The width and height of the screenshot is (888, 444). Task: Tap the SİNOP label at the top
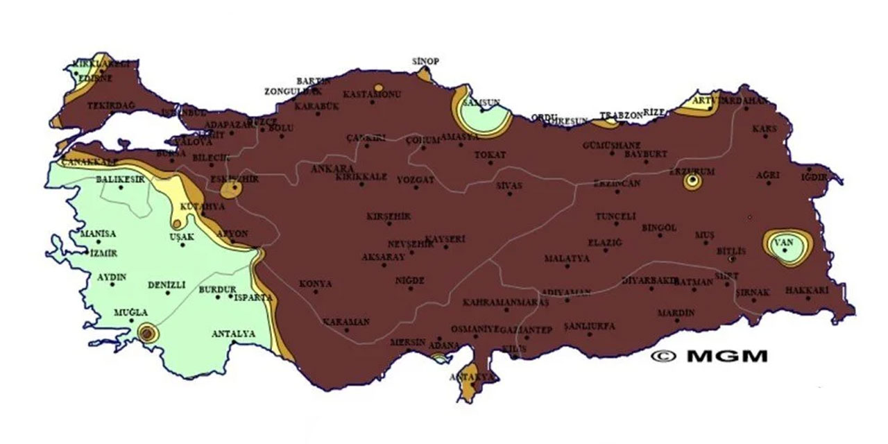coord(425,61)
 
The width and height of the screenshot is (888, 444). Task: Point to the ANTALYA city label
coord(232,334)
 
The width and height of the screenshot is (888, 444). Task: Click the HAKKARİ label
coord(807,291)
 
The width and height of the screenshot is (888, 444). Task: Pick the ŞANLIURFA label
coord(590,325)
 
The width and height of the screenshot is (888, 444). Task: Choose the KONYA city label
coord(315,284)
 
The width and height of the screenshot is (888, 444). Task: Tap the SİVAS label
coord(509,186)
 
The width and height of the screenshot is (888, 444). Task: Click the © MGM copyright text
coord(709,356)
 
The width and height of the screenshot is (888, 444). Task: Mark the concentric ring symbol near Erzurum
coord(691,182)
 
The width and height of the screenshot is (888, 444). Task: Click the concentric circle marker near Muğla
coord(147,333)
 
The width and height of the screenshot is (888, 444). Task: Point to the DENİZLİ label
coord(166,284)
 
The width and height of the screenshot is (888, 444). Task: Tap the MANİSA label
coord(98,234)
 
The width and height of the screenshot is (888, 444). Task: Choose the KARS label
coord(765,129)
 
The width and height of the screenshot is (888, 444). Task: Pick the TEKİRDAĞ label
coord(111,106)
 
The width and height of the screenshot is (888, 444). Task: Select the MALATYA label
coord(566,258)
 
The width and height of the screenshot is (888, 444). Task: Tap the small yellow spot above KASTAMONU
coord(377,88)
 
